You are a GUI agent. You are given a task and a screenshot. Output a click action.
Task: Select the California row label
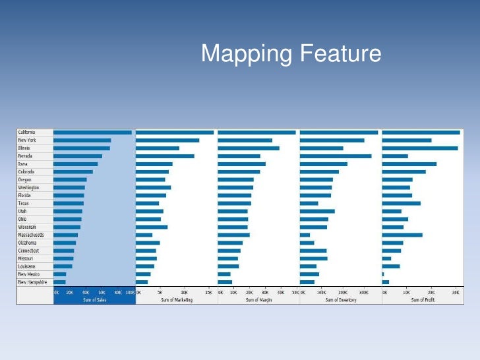coord(26,132)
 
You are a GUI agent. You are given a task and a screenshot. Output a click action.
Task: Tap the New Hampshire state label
coord(32,282)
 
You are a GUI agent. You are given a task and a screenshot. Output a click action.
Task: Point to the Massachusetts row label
coord(30,235)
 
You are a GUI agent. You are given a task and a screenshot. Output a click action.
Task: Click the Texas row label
coord(23,203)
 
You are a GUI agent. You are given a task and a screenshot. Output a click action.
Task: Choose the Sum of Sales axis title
coord(94,300)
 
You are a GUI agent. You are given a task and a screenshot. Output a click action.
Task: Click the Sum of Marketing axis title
coord(177,300)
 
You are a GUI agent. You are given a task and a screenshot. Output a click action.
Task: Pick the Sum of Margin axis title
coord(258,300)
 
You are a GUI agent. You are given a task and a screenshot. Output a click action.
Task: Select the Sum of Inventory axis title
coord(341,300)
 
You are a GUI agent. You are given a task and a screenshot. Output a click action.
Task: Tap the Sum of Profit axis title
coord(423,300)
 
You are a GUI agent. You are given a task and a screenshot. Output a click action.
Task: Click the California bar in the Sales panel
coord(92,132)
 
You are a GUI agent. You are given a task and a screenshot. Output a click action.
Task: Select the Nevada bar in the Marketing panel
coord(165,156)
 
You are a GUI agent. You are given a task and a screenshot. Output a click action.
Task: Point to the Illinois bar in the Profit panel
coord(419,148)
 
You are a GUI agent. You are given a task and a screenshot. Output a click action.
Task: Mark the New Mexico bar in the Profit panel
coord(383,274)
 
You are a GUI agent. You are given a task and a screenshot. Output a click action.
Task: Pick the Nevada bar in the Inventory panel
coord(336,156)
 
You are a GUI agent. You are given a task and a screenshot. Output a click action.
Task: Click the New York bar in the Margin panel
coord(245,140)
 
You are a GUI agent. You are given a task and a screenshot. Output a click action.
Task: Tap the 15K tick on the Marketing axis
coord(208,291)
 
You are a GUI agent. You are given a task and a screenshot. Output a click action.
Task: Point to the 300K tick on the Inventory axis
coord(363,291)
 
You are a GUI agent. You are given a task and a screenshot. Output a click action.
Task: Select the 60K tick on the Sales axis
coord(102,291)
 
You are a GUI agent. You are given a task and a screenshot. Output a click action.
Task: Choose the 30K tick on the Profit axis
coord(455,291)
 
